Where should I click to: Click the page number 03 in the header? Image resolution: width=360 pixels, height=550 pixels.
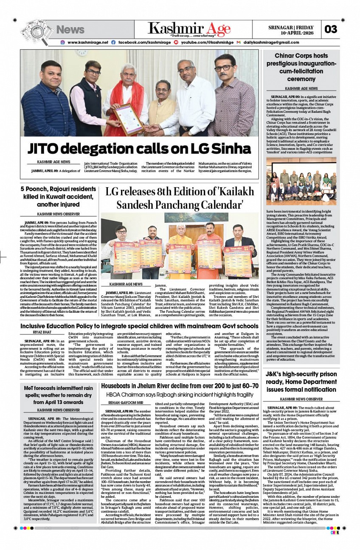point(331,29)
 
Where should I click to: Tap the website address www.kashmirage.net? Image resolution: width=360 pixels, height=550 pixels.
point(87,42)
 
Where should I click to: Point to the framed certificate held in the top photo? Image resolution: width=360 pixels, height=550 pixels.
point(129,118)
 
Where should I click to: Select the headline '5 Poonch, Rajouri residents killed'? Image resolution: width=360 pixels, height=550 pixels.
point(58,197)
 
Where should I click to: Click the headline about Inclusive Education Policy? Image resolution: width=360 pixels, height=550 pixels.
point(139,326)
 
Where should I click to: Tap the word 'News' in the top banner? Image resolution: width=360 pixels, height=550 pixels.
point(70,29)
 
